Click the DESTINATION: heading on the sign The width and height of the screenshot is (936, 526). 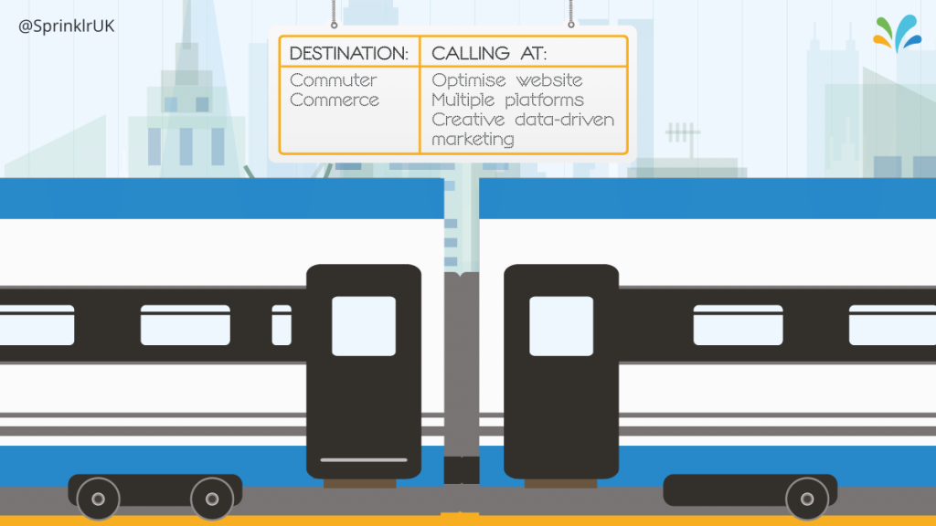coord(349,53)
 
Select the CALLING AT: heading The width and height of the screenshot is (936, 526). coord(489,53)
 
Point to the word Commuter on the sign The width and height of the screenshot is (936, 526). coord(334,80)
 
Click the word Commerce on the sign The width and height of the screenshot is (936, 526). coord(335,100)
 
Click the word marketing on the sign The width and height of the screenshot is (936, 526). coord(473,139)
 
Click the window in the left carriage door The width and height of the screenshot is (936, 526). coord(364,326)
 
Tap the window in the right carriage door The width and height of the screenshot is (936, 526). coord(561,326)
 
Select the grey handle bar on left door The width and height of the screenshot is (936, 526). coord(364,459)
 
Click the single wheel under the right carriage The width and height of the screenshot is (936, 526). coord(807,500)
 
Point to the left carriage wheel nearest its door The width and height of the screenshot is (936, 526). coord(212,500)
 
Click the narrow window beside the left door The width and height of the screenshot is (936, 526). coord(282,325)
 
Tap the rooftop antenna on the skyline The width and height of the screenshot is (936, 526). coord(682,136)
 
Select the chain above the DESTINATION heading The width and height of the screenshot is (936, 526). coord(335,13)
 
